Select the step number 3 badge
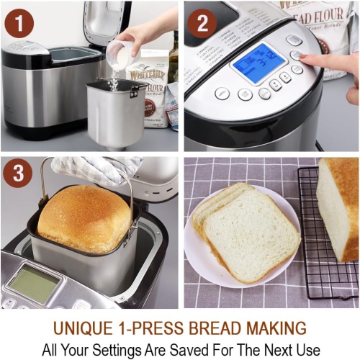tap(19, 176)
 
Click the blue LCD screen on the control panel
tap(258, 63)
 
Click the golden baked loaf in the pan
tap(84, 217)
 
